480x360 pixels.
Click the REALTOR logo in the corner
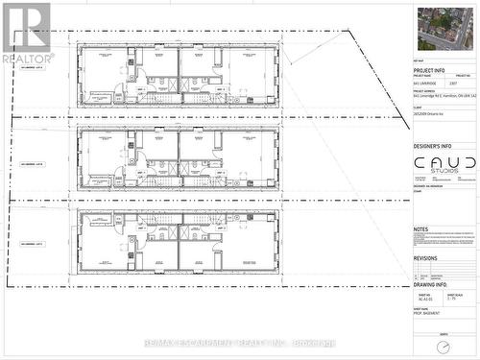click(x=27, y=32)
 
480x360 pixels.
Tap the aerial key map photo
click(x=444, y=29)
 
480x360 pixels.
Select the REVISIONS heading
click(x=425, y=258)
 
